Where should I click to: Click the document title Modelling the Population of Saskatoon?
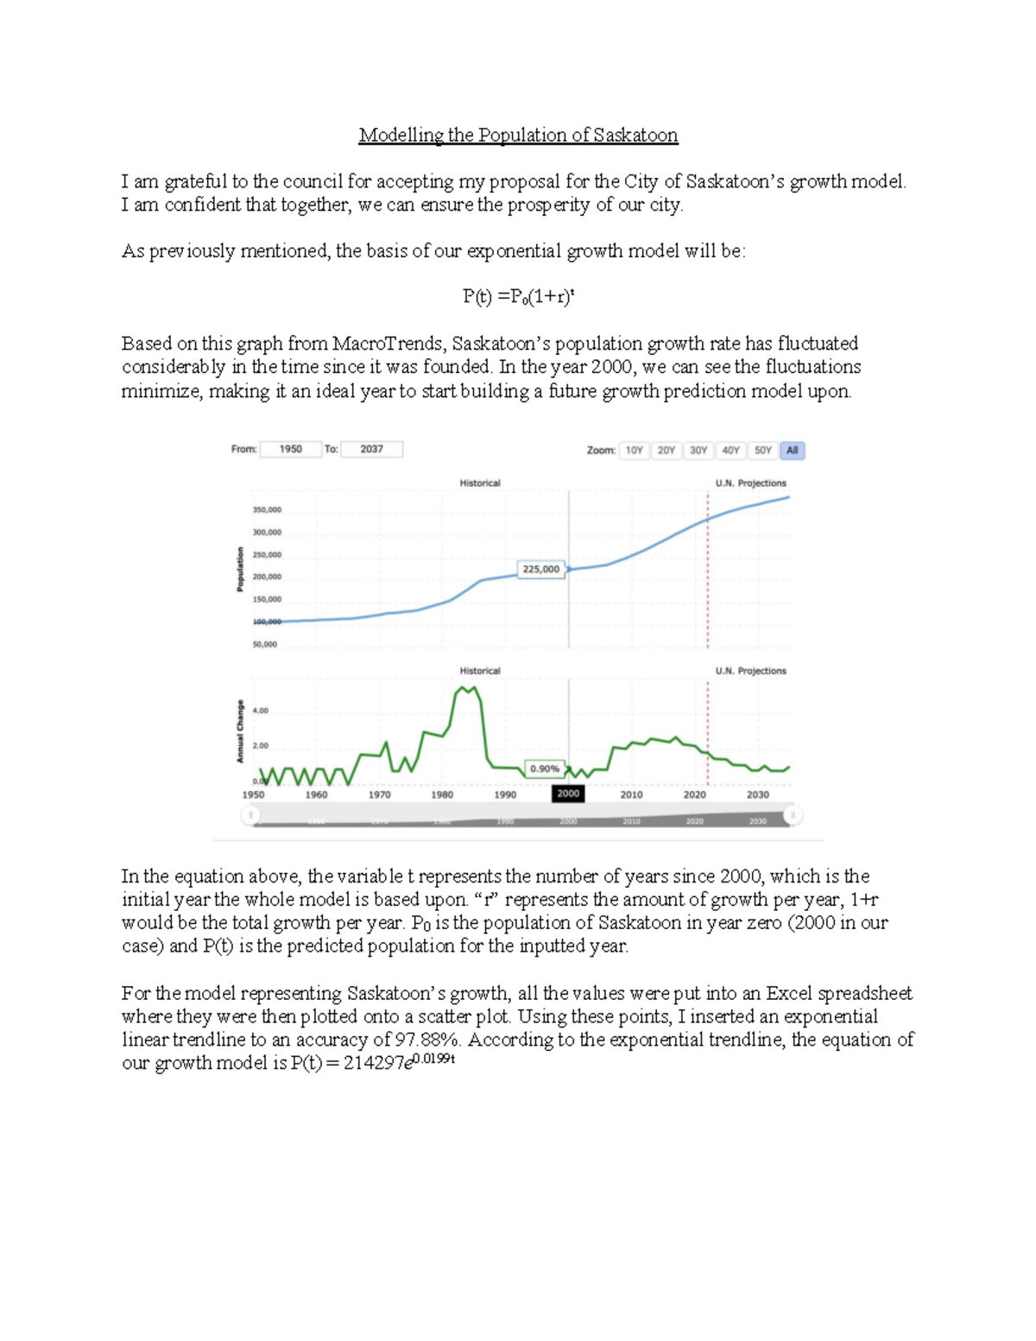pyautogui.click(x=518, y=136)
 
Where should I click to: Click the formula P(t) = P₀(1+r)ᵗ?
pyautogui.click(x=518, y=297)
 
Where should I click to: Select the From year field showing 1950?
pyautogui.click(x=290, y=449)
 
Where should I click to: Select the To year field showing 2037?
pyautogui.click(x=371, y=449)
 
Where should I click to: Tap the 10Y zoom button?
pyautogui.click(x=634, y=451)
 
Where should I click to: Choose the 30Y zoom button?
pyautogui.click(x=698, y=451)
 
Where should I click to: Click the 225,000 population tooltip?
pyautogui.click(x=540, y=569)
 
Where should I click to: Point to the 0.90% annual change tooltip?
pyautogui.click(x=544, y=769)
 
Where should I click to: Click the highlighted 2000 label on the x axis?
pyautogui.click(x=568, y=794)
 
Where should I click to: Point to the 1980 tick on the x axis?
pyautogui.click(x=442, y=794)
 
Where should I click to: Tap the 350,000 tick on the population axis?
pyautogui.click(x=266, y=509)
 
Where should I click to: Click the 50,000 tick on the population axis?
pyautogui.click(x=264, y=644)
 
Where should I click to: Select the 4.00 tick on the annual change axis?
pyautogui.click(x=260, y=711)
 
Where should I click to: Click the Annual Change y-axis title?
pyautogui.click(x=240, y=731)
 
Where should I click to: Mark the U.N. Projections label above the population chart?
pyautogui.click(x=750, y=484)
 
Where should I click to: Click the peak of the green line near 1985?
pyautogui.click(x=466, y=687)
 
